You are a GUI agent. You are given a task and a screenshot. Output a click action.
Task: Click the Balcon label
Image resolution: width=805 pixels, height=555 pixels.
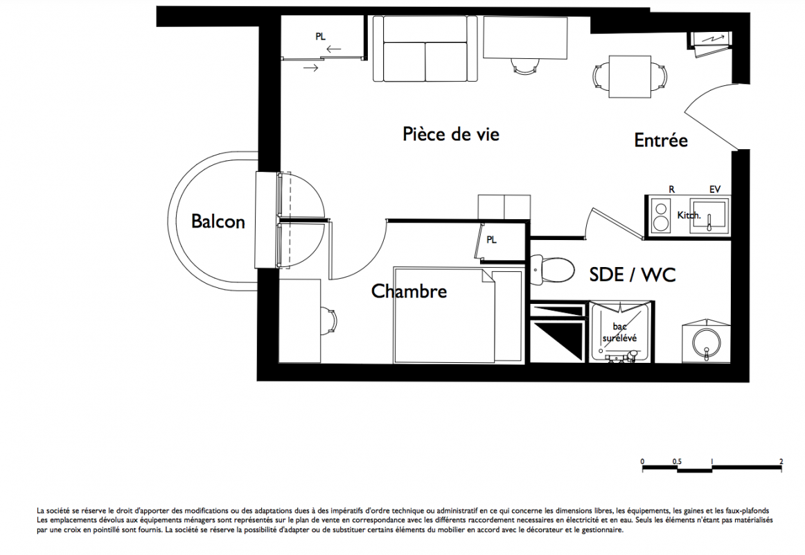click(218, 221)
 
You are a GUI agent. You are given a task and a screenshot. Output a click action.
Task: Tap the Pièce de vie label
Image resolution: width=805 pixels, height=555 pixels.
click(451, 134)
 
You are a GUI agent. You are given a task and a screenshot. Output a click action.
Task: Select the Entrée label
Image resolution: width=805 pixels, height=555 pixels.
click(661, 140)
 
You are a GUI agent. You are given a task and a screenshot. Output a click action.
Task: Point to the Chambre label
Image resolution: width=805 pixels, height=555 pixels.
click(409, 291)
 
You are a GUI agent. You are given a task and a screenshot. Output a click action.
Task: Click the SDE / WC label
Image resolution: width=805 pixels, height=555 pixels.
click(632, 275)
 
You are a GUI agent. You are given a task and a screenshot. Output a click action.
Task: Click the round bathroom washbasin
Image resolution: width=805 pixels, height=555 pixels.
click(707, 340)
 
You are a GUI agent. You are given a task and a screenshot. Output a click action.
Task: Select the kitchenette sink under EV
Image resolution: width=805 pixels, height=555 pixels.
click(708, 216)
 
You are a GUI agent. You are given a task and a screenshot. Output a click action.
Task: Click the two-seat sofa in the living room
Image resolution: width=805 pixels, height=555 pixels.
click(425, 49)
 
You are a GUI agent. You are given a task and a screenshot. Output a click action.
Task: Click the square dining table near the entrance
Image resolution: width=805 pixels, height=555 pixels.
click(630, 76)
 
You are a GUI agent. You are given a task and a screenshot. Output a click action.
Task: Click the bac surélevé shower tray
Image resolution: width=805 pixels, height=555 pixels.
click(620, 332)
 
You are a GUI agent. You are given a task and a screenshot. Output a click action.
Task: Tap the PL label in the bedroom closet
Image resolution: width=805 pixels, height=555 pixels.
click(491, 240)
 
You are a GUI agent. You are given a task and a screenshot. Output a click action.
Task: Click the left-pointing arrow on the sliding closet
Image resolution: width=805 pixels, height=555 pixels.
click(334, 50)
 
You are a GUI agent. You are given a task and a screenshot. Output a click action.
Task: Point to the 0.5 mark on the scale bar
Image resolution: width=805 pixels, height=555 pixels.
click(677, 461)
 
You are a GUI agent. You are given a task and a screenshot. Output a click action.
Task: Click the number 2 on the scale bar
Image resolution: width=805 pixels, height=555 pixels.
click(781, 461)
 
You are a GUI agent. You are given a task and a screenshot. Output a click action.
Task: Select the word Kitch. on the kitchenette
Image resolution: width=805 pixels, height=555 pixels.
click(689, 215)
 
